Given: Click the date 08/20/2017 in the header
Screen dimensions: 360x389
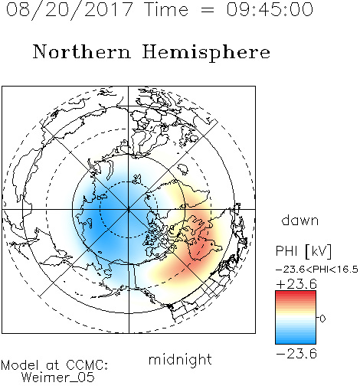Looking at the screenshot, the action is (x=69, y=9).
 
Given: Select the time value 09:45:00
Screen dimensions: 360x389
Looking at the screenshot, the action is (x=270, y=9).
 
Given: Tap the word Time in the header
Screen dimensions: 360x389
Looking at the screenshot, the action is (x=166, y=9).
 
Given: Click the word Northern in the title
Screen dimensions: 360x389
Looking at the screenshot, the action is (x=82, y=51).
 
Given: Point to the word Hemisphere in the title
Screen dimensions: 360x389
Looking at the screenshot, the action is (x=206, y=52).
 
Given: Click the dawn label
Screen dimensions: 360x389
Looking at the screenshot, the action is (x=299, y=220).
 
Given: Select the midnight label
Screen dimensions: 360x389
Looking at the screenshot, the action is (x=180, y=359).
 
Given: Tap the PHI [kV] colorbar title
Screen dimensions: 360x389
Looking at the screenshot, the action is (x=303, y=250).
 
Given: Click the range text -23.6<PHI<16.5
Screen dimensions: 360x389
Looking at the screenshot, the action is (x=317, y=270).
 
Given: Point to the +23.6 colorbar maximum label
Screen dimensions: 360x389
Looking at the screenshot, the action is (x=296, y=284).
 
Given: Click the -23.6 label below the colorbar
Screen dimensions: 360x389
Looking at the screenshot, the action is (x=296, y=354).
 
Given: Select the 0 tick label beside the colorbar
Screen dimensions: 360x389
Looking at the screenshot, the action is (x=322, y=319).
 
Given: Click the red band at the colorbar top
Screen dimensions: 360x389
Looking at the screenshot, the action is (x=296, y=293).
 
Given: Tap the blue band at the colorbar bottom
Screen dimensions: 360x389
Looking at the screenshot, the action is (x=296, y=341).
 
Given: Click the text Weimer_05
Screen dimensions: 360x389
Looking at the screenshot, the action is (x=57, y=378).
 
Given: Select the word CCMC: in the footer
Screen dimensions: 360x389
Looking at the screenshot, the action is (x=87, y=365).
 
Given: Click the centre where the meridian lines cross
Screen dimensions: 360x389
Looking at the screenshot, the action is (x=129, y=210).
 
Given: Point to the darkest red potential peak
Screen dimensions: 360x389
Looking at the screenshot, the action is (x=198, y=247).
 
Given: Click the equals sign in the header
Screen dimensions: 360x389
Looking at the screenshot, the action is (x=208, y=10).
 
